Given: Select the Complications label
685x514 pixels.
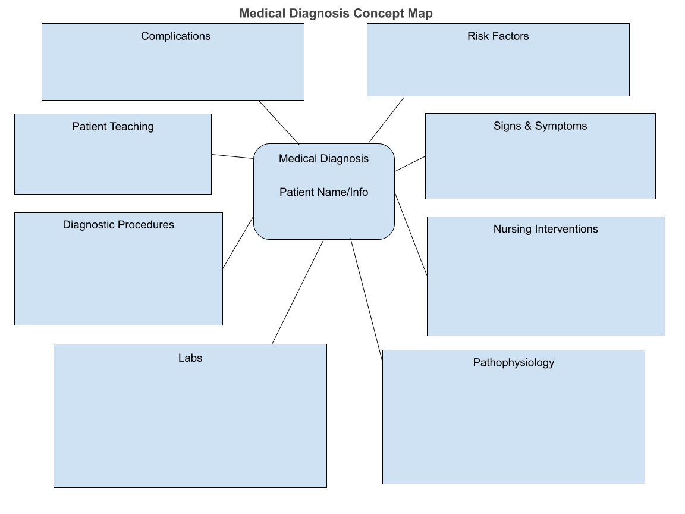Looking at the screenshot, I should [x=175, y=36].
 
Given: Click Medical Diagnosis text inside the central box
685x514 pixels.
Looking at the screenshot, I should [x=323, y=159].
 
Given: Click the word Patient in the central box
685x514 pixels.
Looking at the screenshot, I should [x=297, y=192].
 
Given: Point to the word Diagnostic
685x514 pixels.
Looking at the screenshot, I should [x=89, y=225].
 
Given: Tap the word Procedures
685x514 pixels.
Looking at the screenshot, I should [x=146, y=225].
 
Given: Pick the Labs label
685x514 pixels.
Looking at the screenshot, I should [x=190, y=358].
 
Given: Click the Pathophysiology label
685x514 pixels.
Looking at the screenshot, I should [x=513, y=363].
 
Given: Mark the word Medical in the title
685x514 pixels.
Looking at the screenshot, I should [x=259, y=14].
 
